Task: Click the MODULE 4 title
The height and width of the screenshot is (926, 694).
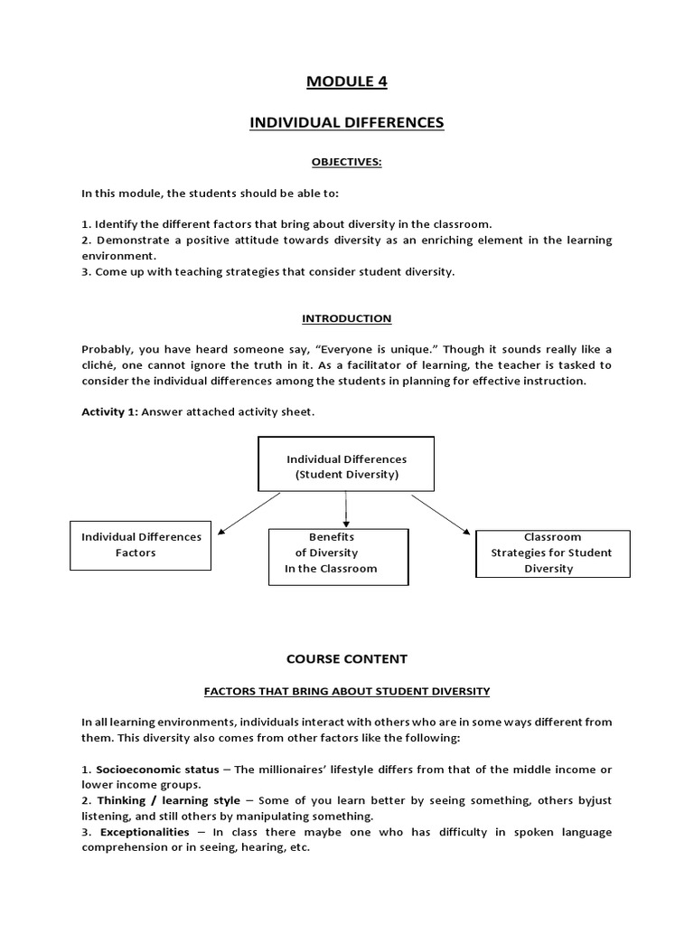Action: click(347, 82)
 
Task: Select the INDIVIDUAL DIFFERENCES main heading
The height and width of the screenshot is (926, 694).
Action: click(347, 122)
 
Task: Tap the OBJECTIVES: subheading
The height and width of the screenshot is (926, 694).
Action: click(347, 162)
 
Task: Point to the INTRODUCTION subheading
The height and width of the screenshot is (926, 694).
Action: click(347, 318)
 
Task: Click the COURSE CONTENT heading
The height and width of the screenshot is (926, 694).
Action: click(347, 659)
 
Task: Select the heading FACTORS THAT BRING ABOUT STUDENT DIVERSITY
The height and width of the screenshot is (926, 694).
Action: click(347, 691)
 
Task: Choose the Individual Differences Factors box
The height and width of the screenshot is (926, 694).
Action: click(141, 545)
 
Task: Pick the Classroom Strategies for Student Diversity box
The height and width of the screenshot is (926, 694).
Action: click(552, 553)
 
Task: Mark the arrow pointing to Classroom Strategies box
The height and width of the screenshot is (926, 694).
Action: click(440, 514)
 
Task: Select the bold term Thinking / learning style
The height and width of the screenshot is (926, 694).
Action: click(168, 800)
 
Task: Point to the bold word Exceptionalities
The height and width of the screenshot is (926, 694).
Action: click(145, 832)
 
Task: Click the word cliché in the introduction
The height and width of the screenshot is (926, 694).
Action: click(99, 365)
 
